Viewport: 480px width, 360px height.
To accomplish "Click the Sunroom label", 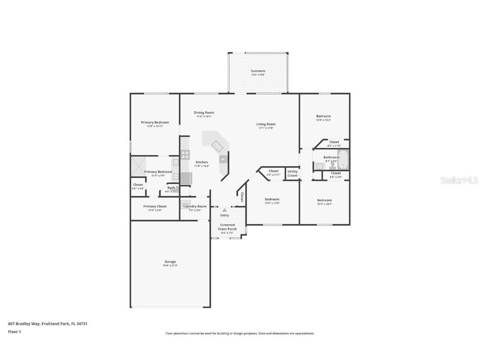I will pos(258,71).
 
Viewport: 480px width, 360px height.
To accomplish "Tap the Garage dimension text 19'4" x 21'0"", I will pos(170,265).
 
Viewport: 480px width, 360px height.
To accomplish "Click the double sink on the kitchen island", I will pos(217,146).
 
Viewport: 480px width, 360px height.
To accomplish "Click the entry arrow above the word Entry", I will pos(225,210).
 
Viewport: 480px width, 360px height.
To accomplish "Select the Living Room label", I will pos(266,124).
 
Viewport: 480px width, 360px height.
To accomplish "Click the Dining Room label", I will pos(204,112).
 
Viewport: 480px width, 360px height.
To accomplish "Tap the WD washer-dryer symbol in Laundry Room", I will pos(185,204).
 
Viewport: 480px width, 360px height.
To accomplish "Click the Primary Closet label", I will pos(155,206).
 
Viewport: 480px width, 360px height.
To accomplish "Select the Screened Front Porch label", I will pos(227,227).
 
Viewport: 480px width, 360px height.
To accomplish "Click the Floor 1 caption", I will pos(14,332).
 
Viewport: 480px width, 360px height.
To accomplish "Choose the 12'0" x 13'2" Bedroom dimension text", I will pos(323,120).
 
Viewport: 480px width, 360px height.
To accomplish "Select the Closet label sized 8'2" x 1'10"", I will pos(334,142).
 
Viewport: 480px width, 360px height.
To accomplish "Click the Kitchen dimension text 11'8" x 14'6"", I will pos(202,166).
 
